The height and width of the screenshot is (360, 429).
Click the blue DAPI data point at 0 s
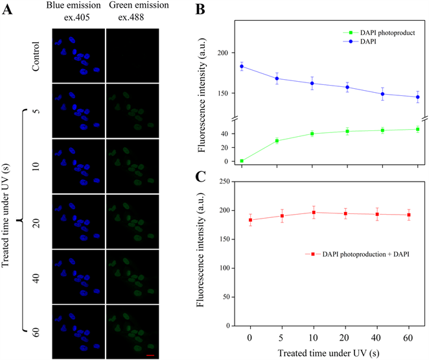pos(242,66)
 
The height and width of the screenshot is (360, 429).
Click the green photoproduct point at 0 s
pos(242,161)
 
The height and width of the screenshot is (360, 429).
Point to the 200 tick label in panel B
pos(224,53)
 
